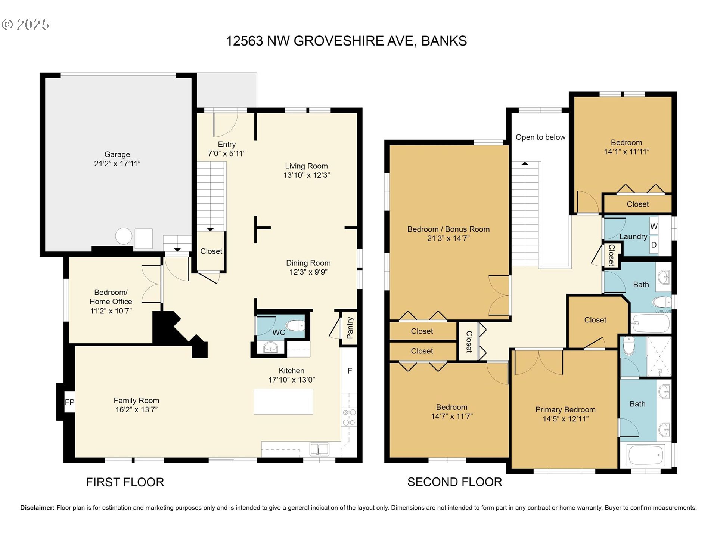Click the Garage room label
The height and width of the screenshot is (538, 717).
pos(117,154)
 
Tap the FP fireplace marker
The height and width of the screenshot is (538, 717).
pos(69,402)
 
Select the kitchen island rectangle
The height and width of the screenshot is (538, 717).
pos(283,402)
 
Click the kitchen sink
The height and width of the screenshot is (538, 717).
pos(319,449)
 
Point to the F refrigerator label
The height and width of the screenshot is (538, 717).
pos(350,371)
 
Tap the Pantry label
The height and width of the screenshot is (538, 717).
pos(350,328)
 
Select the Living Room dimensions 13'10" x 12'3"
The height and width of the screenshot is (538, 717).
pos(307,175)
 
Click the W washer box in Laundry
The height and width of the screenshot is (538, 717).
pos(654,226)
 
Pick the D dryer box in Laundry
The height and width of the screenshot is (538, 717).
pos(654,245)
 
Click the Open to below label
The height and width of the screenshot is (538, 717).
pos(540,137)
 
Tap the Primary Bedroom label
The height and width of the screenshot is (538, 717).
pos(565,409)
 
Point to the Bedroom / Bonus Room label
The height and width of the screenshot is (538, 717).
pos(448,229)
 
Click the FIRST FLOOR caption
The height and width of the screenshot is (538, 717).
pos(125,482)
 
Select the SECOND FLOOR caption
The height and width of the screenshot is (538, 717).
pos(455,482)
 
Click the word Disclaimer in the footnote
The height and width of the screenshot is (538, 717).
pos(37,508)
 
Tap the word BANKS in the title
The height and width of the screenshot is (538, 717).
pos(444,41)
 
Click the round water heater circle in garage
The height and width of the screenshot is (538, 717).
pos(124,236)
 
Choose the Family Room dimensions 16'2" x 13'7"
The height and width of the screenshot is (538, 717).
pos(137,409)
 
